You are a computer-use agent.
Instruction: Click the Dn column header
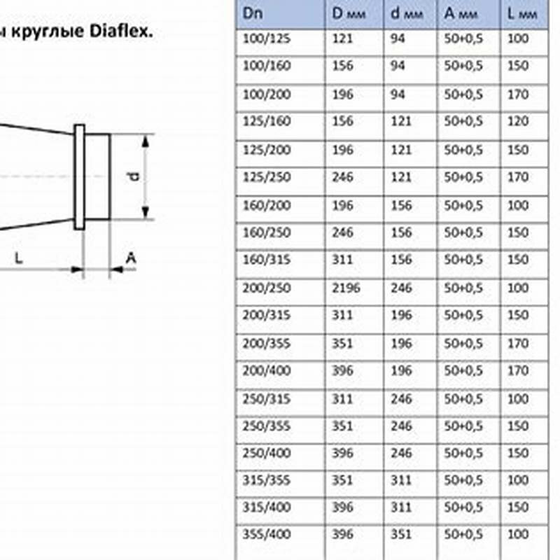253,13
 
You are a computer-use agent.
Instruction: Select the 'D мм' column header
349,13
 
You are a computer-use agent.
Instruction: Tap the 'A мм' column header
461,13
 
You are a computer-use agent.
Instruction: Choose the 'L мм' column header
522,13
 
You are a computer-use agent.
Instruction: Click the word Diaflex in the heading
121,31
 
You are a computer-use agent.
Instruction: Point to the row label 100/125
267,38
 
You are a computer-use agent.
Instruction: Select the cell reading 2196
346,288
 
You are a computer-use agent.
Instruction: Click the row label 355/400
267,534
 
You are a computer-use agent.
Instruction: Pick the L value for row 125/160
518,121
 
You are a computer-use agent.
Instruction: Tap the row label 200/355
267,344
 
